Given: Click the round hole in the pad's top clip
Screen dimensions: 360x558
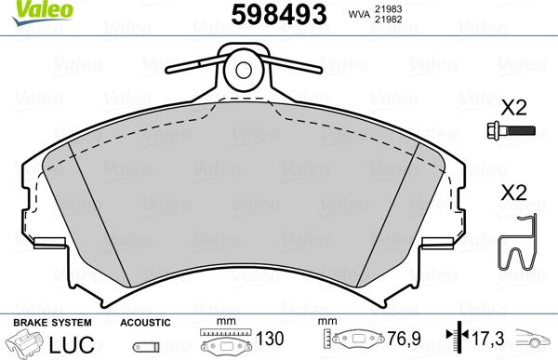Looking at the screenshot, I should pos(245,69).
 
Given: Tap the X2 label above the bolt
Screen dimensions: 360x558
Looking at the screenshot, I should pos(513,106).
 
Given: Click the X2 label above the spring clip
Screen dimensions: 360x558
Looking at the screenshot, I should pos(513,194).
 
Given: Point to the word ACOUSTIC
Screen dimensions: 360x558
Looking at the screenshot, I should pos(146,322).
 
